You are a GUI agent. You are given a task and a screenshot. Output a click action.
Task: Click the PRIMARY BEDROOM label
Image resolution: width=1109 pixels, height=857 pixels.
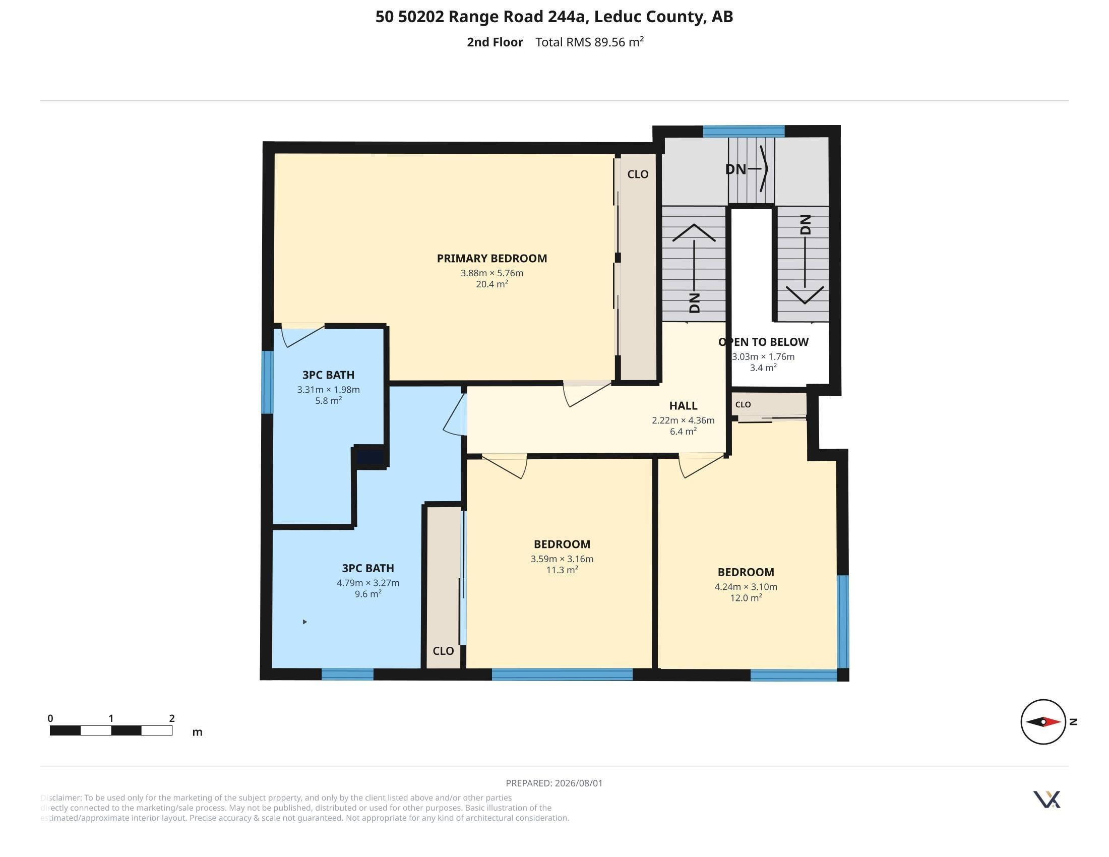(x=491, y=259)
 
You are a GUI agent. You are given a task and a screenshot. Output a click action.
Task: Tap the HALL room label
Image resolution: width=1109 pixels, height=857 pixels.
(x=683, y=406)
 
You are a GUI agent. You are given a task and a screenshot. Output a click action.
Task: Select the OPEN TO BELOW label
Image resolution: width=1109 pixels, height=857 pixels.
(x=763, y=342)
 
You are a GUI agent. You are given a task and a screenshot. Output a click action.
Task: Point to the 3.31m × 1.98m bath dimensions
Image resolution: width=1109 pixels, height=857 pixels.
(x=328, y=389)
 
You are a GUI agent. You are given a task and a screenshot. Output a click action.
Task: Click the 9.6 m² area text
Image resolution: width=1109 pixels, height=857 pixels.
(x=367, y=593)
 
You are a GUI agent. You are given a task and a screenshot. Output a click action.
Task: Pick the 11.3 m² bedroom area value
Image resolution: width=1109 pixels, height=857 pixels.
(x=562, y=570)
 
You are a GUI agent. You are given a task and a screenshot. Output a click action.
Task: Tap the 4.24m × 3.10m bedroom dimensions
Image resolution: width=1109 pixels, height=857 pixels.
(x=746, y=587)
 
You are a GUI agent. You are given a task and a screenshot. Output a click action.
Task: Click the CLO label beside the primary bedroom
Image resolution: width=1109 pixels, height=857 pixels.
(x=638, y=174)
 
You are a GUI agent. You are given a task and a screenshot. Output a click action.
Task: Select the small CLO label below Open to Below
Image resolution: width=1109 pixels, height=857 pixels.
(x=743, y=405)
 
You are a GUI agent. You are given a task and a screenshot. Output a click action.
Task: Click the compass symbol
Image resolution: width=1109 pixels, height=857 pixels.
(x=1043, y=721)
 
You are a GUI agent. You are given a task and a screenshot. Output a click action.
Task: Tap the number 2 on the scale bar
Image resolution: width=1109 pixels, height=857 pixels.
(x=171, y=718)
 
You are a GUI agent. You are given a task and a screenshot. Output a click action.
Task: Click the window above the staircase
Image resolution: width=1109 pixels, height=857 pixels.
(x=744, y=131)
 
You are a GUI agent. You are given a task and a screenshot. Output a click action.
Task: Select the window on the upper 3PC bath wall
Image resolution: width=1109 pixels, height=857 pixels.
(x=267, y=382)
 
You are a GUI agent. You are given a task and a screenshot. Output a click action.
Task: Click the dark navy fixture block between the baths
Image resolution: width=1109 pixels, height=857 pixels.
(x=370, y=457)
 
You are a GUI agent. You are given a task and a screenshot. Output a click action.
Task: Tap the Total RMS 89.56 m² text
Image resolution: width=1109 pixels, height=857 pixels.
(x=590, y=42)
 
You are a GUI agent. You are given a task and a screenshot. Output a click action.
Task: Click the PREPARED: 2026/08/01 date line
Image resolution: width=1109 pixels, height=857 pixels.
(x=554, y=783)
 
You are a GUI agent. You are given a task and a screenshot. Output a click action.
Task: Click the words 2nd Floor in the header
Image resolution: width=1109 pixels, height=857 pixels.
(x=495, y=42)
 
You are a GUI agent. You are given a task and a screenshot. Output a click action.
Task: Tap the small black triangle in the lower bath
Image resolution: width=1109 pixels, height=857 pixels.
(x=304, y=622)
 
